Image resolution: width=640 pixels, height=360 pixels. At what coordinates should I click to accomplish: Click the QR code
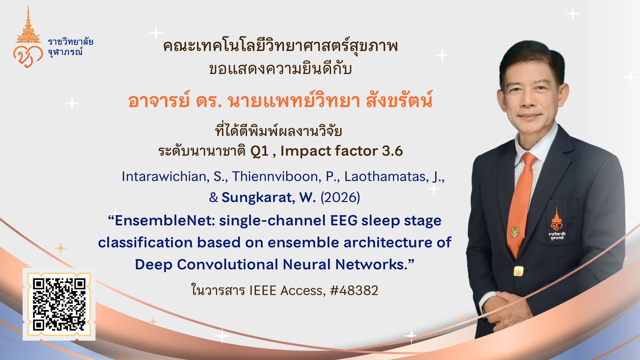pyautogui.click(x=59, y=304)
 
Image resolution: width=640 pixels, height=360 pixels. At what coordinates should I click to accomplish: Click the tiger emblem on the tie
pyautogui.click(x=515, y=232)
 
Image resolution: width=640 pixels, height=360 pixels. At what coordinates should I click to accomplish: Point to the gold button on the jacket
pyautogui.click(x=518, y=271)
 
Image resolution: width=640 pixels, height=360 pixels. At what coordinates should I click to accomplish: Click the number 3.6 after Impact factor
pyautogui.click(x=392, y=151)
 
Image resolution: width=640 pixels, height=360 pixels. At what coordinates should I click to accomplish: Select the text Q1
pyautogui.click(x=259, y=151)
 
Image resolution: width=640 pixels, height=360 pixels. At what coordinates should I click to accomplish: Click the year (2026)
pyautogui.click(x=340, y=197)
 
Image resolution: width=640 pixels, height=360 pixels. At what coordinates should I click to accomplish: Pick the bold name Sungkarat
pyautogui.click(x=258, y=197)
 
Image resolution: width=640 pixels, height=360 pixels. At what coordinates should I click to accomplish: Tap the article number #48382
pyautogui.click(x=354, y=290)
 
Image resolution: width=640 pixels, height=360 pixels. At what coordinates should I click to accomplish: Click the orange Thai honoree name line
pyautogui.click(x=280, y=100)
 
